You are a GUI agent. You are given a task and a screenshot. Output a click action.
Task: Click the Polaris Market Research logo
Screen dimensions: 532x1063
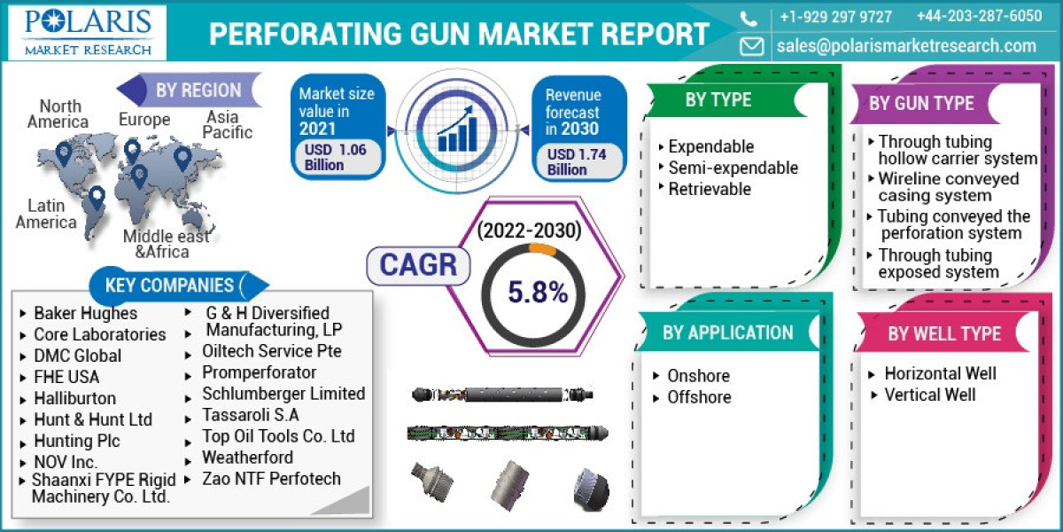click(88, 32)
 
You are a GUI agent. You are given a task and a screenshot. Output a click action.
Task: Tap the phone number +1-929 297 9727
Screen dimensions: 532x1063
click(835, 17)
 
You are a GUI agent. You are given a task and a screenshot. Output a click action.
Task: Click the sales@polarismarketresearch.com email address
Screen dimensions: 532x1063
click(906, 46)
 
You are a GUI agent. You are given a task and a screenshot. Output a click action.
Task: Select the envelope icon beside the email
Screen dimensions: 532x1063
click(751, 46)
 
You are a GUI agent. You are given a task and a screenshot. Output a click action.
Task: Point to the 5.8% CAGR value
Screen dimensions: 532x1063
click(538, 292)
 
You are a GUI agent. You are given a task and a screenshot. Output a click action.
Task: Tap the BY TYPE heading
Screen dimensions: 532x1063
click(718, 100)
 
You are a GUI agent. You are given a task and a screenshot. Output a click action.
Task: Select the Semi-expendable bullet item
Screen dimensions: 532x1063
click(733, 168)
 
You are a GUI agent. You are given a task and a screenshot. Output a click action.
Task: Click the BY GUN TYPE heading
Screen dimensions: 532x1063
click(921, 103)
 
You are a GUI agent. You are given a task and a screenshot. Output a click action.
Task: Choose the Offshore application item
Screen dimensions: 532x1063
click(699, 397)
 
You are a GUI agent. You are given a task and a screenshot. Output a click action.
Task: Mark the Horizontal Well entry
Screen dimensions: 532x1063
click(940, 373)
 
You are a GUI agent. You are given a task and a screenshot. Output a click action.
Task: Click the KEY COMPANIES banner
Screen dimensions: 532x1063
click(169, 285)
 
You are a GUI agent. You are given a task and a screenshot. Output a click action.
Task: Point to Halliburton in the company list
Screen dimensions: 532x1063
click(74, 398)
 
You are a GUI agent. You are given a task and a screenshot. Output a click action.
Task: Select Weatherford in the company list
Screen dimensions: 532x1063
click(247, 458)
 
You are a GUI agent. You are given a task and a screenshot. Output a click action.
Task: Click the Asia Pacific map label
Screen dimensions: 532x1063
click(226, 125)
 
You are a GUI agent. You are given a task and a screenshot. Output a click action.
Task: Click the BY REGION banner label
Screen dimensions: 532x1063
click(198, 90)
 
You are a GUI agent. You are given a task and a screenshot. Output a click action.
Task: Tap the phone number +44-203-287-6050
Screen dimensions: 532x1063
click(979, 17)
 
